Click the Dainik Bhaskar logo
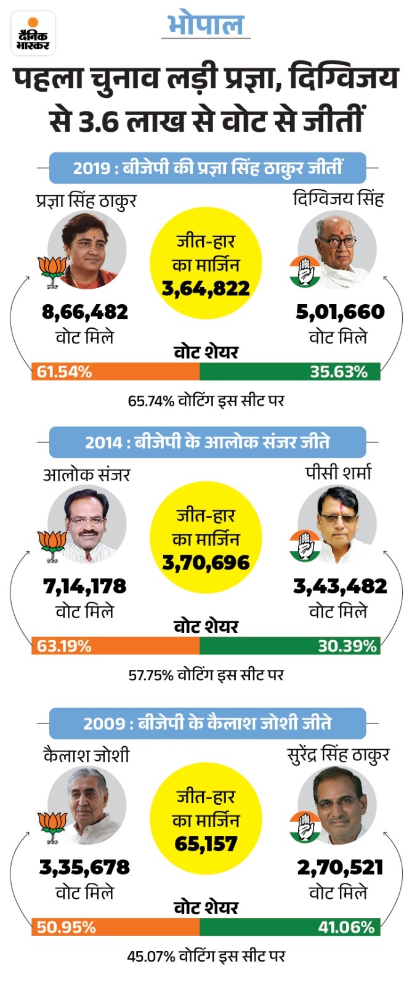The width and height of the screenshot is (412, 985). point(33,33)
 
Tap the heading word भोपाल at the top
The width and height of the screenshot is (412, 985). point(206,25)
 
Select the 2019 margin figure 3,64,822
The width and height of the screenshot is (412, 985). point(206,288)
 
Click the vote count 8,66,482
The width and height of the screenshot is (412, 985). point(85,312)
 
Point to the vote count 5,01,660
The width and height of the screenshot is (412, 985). point(340,312)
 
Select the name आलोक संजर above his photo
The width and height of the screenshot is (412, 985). point(87,475)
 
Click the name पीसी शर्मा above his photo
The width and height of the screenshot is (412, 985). point(338,473)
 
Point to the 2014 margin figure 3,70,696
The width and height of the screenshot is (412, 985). point(206,563)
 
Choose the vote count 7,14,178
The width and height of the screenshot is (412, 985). point(85,586)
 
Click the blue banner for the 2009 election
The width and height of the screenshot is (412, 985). point(207,723)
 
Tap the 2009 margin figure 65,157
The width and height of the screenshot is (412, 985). point(206,843)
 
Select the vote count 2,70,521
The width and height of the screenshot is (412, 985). point(340,867)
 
